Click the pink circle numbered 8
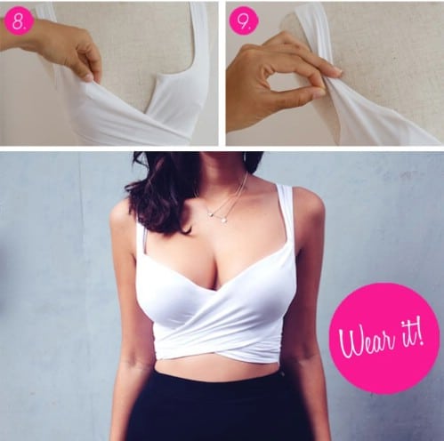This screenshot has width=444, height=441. tap(19, 21)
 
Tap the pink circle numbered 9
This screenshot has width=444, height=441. tap(244, 21)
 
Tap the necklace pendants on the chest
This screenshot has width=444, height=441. tap(217, 216)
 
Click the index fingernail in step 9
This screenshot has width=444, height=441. tap(337, 70)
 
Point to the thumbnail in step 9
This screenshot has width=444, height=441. tap(319, 93)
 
